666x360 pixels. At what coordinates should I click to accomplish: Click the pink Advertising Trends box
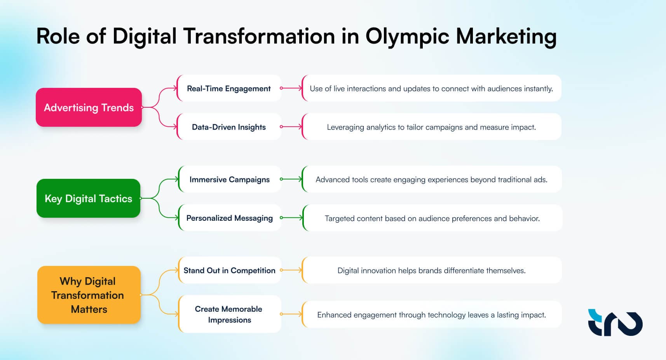point(89,107)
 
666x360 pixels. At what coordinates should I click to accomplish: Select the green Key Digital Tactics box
point(88,198)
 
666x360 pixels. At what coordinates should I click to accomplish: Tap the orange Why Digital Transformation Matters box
point(89,295)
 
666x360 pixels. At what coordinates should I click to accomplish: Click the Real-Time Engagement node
point(228,88)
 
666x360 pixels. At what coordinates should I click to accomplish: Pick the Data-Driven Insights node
point(228,127)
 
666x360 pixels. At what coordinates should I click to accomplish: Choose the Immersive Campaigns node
point(229,179)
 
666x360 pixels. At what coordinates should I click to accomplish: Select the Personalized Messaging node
point(229,218)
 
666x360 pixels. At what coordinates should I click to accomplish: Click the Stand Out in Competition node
point(229,270)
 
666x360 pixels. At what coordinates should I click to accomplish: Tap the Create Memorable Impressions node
point(229,314)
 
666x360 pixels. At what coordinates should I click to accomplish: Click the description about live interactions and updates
point(431,88)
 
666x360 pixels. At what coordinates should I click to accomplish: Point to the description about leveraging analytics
point(431,127)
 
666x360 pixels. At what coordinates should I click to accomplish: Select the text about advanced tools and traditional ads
point(431,179)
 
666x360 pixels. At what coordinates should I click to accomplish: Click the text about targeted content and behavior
point(432,218)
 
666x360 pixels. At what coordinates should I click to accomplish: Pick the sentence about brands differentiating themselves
point(431,270)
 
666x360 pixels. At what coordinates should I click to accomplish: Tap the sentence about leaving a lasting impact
point(431,315)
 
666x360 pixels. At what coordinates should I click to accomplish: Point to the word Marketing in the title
point(506,37)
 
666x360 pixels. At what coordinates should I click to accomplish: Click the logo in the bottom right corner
point(615,322)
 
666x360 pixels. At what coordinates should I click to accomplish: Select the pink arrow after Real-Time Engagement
point(291,88)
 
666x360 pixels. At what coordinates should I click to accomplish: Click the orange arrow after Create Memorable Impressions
point(291,314)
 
